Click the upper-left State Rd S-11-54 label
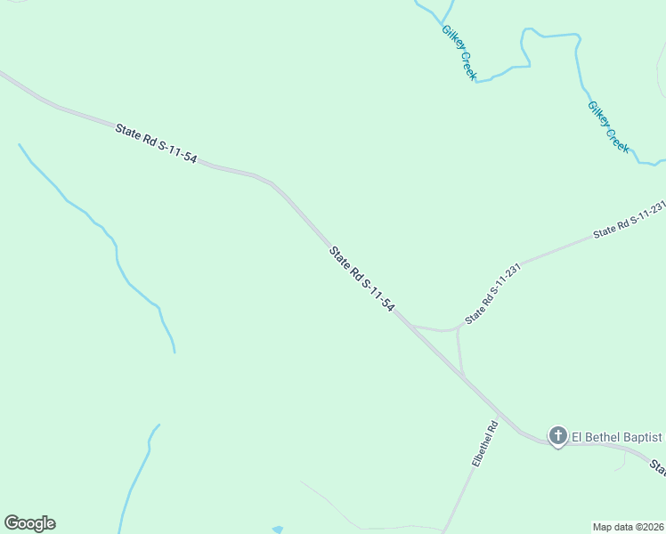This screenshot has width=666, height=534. point(156,142)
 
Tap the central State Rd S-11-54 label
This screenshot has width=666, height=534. point(362,279)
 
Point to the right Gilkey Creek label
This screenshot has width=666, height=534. point(608,126)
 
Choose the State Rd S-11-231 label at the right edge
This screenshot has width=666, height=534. point(629,220)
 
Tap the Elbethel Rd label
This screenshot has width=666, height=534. point(484,445)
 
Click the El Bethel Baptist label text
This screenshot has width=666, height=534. point(616,436)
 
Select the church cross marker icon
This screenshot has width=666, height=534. point(557,436)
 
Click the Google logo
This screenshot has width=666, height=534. point(29,523)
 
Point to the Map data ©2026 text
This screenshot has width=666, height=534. point(629,527)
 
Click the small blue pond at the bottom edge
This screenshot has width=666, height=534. point(277,530)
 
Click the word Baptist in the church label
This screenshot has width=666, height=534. point(642,436)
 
